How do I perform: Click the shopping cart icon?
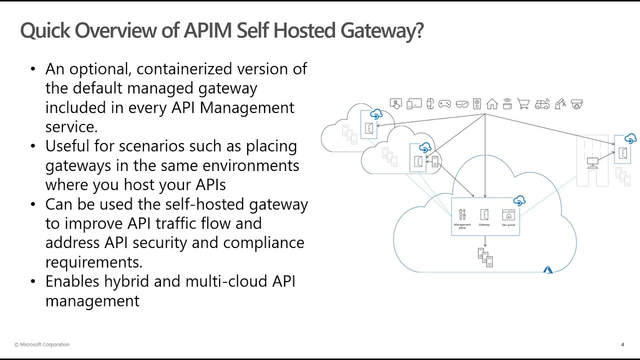coord(523,104)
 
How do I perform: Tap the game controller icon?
coord(444,104)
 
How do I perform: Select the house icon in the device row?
coord(492,104)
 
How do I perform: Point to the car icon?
coord(542,104)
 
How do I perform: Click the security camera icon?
coord(577,104)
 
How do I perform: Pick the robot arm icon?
coord(559,104)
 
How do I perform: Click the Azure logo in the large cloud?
coord(548,269)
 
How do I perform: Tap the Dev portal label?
coord(508,225)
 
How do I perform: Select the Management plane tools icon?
coord(462,214)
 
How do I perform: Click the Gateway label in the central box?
coord(484,225)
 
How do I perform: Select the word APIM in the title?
coord(208,30)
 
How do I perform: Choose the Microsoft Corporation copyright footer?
coord(42,344)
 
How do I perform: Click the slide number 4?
coord(622,344)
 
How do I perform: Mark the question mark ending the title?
coord(418,30)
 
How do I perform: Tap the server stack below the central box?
coord(485,257)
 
